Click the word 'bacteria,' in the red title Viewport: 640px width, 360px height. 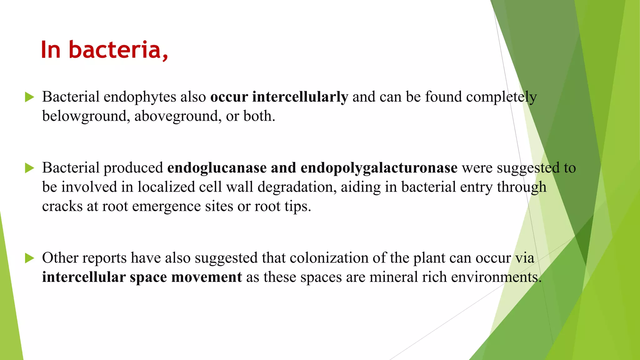(x=118, y=50)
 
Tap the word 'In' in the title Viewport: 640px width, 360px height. (x=51, y=50)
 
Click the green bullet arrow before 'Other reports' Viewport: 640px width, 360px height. (x=29, y=258)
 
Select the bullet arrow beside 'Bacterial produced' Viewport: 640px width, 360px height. (x=29, y=168)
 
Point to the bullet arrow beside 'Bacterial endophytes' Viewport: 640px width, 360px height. (x=29, y=97)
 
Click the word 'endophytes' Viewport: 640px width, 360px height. (x=140, y=97)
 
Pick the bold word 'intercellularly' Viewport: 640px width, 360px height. (x=300, y=97)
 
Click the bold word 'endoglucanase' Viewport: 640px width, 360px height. (x=217, y=168)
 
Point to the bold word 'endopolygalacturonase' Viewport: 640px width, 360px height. (x=379, y=168)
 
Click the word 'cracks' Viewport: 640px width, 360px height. (x=62, y=206)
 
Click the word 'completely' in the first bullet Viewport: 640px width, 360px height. (x=501, y=97)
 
